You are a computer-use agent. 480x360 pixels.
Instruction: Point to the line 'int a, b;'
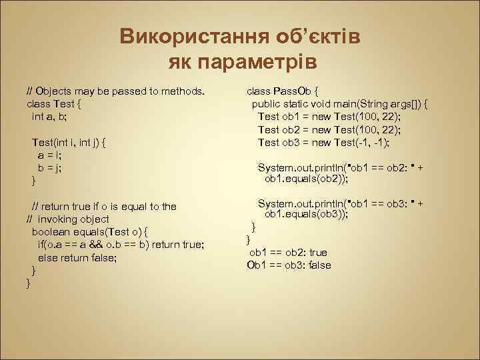click(x=49, y=116)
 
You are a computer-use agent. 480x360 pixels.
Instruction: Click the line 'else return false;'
click(x=77, y=257)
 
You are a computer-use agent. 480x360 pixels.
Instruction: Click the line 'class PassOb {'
click(x=283, y=91)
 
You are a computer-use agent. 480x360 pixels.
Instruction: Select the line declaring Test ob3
click(x=323, y=142)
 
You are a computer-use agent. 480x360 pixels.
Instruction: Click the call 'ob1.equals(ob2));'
click(x=307, y=179)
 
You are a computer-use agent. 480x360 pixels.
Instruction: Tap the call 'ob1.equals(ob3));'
click(x=307, y=215)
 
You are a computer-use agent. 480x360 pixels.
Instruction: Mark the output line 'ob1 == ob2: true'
click(x=288, y=253)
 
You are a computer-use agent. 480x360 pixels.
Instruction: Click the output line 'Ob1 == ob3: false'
click(x=289, y=265)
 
